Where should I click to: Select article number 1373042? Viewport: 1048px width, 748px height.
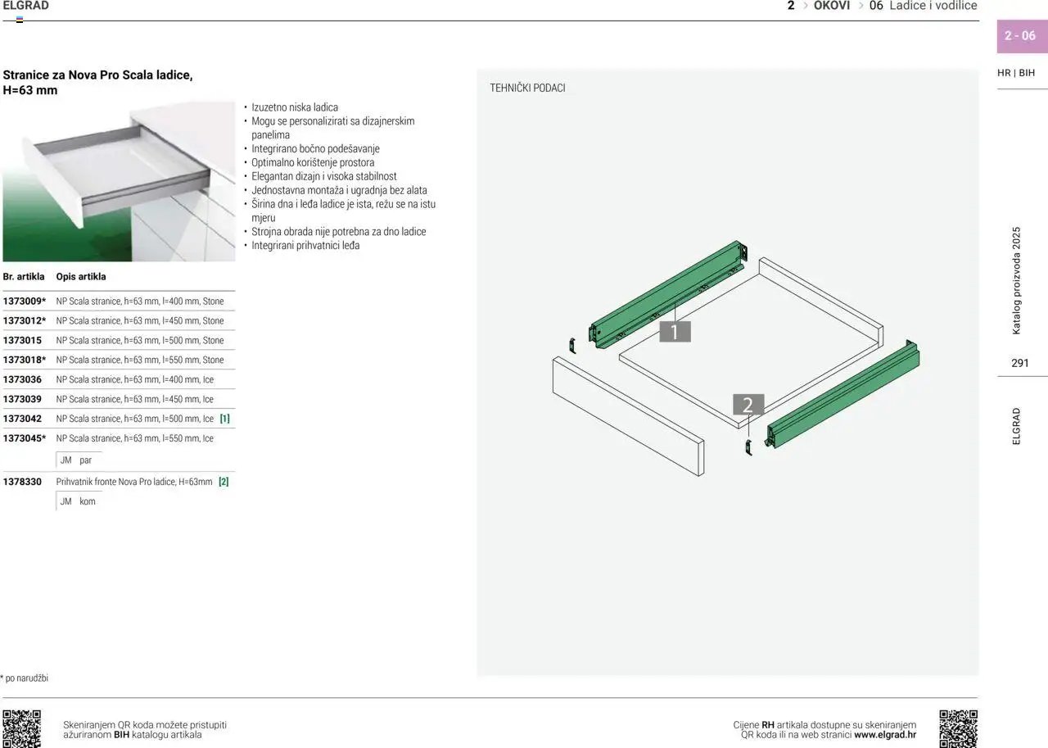[x=22, y=419]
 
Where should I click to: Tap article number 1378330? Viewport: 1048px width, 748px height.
[x=22, y=482]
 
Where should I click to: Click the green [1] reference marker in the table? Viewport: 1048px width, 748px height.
[x=224, y=419]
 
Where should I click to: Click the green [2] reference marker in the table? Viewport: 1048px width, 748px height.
[x=224, y=482]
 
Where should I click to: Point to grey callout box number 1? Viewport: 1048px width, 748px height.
[x=675, y=332]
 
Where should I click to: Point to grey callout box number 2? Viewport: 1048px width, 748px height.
[x=748, y=405]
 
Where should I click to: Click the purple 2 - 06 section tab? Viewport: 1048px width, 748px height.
[x=1022, y=36]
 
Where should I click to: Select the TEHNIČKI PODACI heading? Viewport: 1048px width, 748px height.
[x=527, y=88]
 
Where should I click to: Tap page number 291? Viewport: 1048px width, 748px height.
[x=1020, y=363]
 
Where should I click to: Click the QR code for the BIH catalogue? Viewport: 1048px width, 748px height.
[x=21, y=729]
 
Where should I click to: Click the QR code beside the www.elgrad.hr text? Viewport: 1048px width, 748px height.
[x=958, y=729]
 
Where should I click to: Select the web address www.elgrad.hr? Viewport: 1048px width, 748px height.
[x=885, y=735]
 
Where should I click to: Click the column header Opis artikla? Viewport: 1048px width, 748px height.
[x=81, y=277]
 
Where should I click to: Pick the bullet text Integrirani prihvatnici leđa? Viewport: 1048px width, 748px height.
[x=305, y=245]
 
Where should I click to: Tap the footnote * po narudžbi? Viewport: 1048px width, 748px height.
[x=25, y=678]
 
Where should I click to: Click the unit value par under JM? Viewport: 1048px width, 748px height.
[x=86, y=460]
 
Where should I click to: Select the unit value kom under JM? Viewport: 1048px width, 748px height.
[x=88, y=501]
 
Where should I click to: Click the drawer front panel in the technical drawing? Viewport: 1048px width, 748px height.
[x=628, y=416]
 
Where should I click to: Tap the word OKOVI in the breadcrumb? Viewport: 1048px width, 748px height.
[x=831, y=6]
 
